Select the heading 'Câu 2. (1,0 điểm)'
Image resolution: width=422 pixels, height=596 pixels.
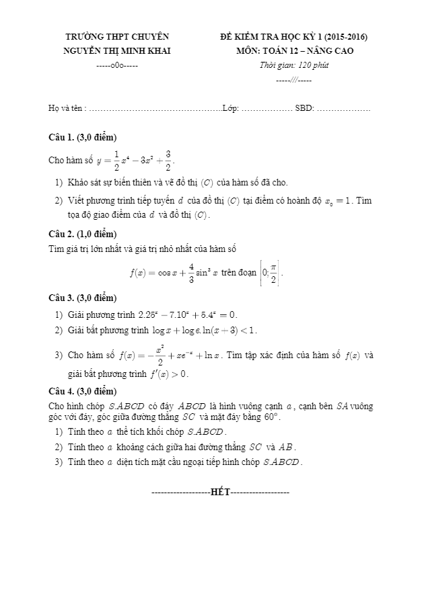(x=83, y=234)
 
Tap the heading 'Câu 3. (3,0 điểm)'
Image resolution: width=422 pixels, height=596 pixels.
(x=83, y=298)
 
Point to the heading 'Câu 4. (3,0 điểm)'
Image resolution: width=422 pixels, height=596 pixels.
(x=83, y=390)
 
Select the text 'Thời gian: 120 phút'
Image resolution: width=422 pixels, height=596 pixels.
(x=294, y=65)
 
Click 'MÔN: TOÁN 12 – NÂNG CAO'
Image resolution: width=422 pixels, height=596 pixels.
(x=295, y=50)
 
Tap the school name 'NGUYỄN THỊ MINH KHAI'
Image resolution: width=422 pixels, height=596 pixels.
(x=117, y=50)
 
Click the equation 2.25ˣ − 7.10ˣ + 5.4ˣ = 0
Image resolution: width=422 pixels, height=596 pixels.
(x=187, y=314)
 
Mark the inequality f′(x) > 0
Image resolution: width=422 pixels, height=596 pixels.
(x=168, y=374)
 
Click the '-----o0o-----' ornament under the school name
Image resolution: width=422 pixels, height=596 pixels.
(x=117, y=66)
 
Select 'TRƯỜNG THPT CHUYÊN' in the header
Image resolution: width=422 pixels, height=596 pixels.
(x=117, y=36)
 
